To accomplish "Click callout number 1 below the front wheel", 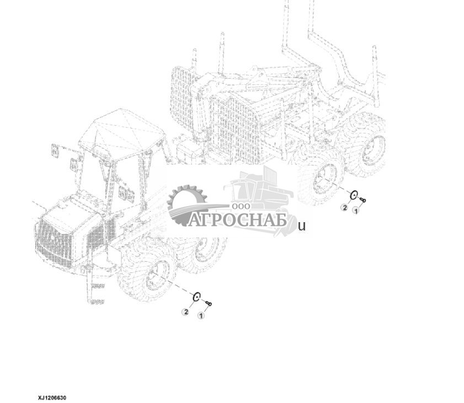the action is [x=201, y=316].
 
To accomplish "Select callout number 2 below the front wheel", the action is [x=186, y=311].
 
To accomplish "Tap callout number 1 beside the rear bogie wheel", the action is [x=356, y=211].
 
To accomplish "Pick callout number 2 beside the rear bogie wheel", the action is [x=344, y=207].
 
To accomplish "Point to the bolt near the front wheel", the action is [x=209, y=303].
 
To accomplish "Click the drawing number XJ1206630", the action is [x=52, y=397].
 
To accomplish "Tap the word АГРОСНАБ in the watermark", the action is [x=238, y=219].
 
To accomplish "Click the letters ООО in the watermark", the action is [x=241, y=206].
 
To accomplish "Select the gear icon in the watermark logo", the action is [x=186, y=204].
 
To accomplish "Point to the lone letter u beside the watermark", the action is [x=302, y=227].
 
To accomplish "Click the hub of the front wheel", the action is [x=158, y=276].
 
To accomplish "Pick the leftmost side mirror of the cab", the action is [x=55, y=151].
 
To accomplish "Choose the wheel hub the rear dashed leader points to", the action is [x=327, y=178].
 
